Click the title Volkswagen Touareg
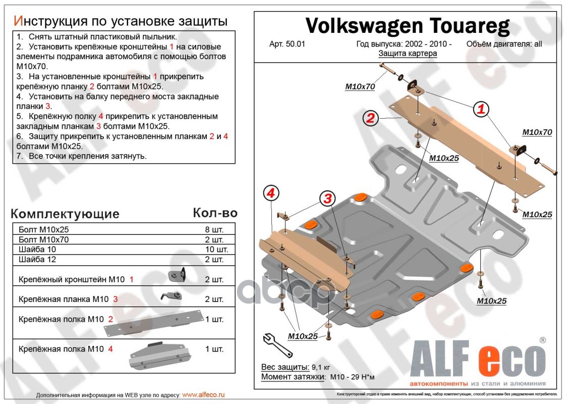(408, 25)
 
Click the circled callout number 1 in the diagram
(481, 109)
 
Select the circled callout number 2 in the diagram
(370, 119)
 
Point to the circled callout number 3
(328, 199)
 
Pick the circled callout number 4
(271, 193)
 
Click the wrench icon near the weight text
(274, 344)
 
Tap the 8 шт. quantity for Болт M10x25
(214, 229)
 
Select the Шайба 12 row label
(37, 260)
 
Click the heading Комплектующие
(65, 214)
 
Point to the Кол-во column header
(215, 213)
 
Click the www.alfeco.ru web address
(203, 394)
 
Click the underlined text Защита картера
(408, 53)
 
